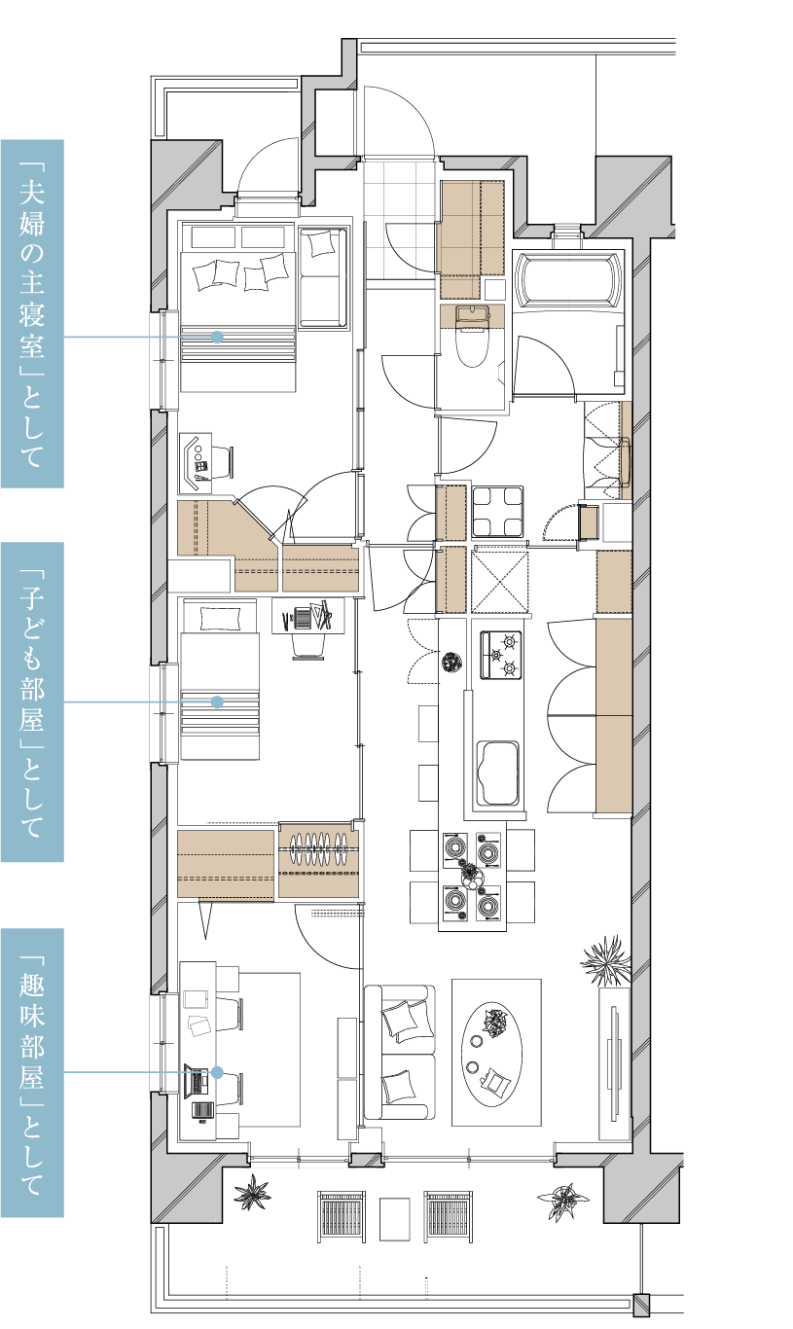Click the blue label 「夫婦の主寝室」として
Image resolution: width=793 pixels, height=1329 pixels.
tap(32, 314)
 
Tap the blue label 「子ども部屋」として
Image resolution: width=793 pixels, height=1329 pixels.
tap(32, 701)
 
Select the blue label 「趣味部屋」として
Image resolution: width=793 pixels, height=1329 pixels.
tap(32, 1073)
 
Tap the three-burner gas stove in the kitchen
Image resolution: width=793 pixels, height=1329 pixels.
tap(501, 655)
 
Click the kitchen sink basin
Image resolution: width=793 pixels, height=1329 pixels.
tap(497, 772)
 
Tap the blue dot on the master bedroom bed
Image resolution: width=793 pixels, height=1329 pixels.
tap(217, 337)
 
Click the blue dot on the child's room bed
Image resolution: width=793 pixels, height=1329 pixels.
tap(217, 701)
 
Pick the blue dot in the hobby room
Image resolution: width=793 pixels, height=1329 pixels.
tap(217, 1073)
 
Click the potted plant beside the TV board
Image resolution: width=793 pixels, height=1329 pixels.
tap(605, 960)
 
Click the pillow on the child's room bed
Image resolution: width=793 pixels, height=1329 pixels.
tap(220, 619)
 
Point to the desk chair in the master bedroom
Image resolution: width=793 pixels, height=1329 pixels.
tap(220, 462)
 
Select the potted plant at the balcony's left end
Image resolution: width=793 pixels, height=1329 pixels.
tap(252, 1193)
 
